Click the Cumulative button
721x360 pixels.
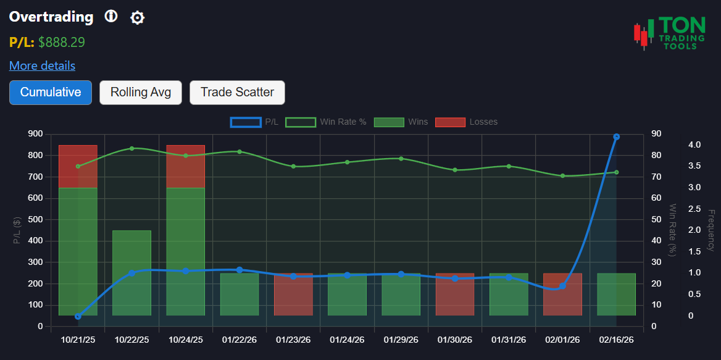[51, 93]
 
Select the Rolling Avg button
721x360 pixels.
[141, 93]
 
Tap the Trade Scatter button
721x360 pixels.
[237, 93]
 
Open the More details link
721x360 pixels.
[42, 65]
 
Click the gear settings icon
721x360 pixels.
[137, 18]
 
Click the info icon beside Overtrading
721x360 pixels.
[110, 17]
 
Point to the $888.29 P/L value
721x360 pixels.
[62, 42]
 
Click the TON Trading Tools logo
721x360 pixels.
[670, 33]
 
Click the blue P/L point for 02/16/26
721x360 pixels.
[616, 137]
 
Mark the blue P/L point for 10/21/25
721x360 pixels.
[78, 316]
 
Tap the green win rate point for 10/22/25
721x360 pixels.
[131, 148]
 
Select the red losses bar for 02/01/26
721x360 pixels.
[562, 295]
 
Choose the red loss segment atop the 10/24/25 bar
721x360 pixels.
[185, 166]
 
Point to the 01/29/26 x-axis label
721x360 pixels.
[401, 340]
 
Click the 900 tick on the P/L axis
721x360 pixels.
[35, 134]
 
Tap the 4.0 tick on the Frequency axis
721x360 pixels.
[694, 144]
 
